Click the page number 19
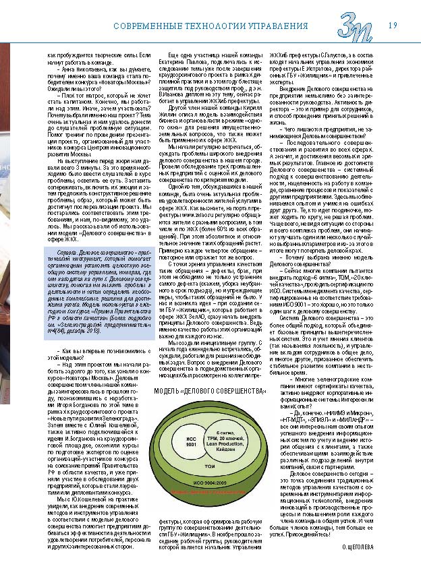pos(392,26)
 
